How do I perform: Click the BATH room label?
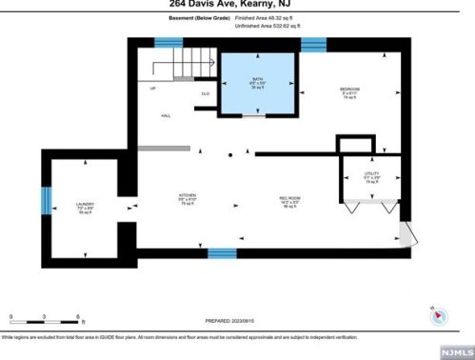(x=257, y=80)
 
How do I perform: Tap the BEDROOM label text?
(x=349, y=89)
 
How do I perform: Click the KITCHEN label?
(x=188, y=197)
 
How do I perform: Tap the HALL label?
(x=165, y=114)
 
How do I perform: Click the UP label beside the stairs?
(x=151, y=88)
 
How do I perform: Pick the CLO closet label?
(x=205, y=93)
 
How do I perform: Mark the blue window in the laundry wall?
(x=44, y=203)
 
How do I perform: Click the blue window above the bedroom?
(x=313, y=43)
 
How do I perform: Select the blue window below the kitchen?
(x=222, y=252)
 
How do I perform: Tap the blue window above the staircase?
(x=168, y=43)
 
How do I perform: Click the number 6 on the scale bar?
(x=77, y=315)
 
